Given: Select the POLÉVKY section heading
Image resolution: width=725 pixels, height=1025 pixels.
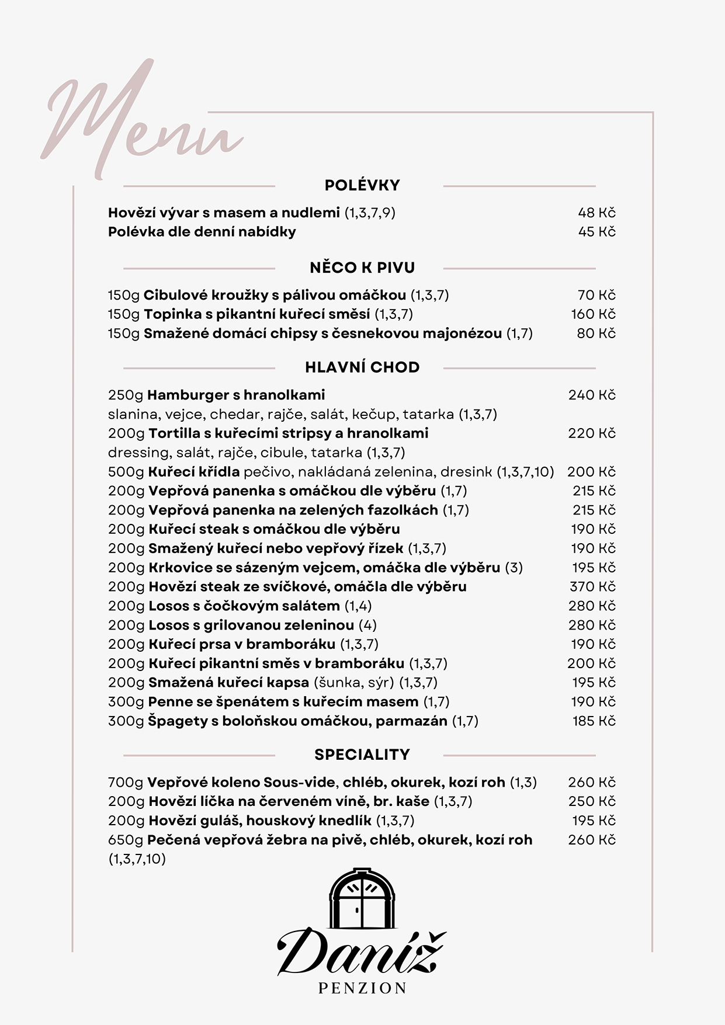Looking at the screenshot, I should pyautogui.click(x=362, y=185).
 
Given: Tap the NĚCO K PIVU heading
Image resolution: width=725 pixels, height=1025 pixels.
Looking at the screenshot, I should pyautogui.click(x=362, y=267).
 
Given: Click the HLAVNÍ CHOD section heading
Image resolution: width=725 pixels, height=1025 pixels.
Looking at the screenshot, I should pyautogui.click(x=362, y=367).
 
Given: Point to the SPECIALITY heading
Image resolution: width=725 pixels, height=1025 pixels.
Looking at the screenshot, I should pyautogui.click(x=362, y=755).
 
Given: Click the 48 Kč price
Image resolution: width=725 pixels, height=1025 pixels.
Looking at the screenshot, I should pyautogui.click(x=596, y=213).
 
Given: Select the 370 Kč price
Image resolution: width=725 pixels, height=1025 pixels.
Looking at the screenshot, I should pyautogui.click(x=592, y=586).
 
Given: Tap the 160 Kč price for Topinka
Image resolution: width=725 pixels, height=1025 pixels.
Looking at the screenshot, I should pyautogui.click(x=593, y=314).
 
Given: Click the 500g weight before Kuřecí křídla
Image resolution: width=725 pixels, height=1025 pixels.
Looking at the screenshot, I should pyautogui.click(x=126, y=472).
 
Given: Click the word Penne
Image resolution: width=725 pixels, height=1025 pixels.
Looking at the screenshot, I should pyautogui.click(x=166, y=701).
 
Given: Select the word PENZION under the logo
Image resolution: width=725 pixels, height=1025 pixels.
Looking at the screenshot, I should pyautogui.click(x=362, y=988).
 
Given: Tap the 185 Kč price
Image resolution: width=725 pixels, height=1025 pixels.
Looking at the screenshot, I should pyautogui.click(x=594, y=721).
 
